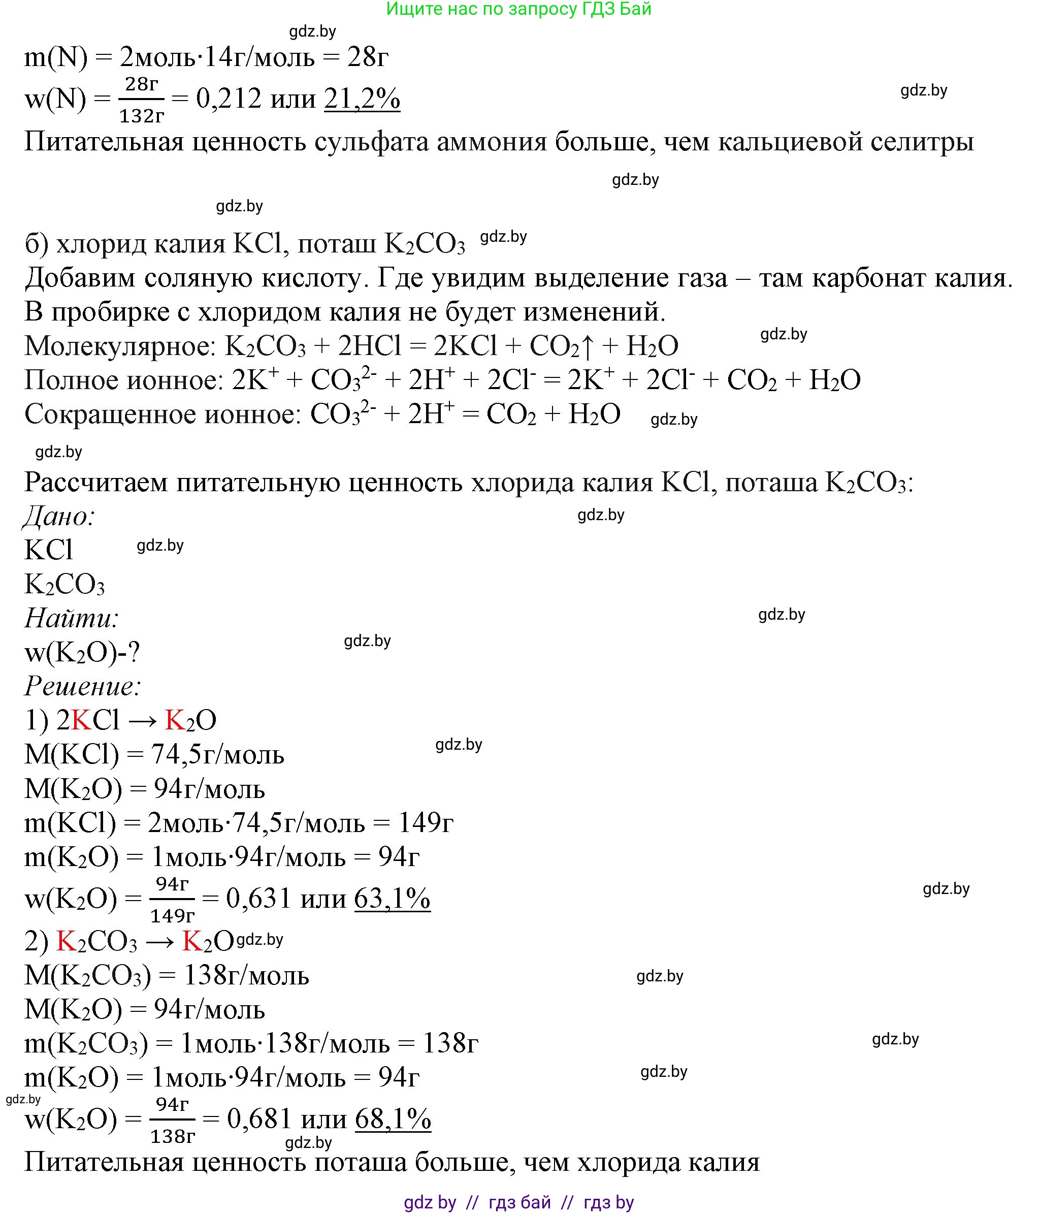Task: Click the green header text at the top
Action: (x=518, y=9)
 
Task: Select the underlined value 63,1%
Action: (x=393, y=898)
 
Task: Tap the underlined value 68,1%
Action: (x=393, y=1119)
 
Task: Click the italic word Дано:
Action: (x=59, y=516)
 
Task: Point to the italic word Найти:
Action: (x=72, y=618)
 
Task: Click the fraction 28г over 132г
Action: (x=142, y=100)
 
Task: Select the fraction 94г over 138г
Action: (x=172, y=1120)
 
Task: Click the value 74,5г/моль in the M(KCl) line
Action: (x=217, y=755)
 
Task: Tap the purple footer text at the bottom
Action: (x=518, y=1202)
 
